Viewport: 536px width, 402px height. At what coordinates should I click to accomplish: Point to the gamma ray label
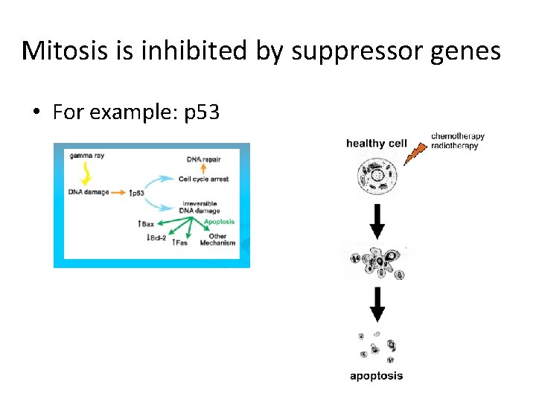click(x=87, y=156)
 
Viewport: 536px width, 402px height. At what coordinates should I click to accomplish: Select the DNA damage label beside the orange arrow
click(x=89, y=192)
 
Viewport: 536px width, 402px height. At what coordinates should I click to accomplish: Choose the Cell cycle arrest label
click(x=203, y=179)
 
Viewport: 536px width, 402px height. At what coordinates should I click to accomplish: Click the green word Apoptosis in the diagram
click(x=219, y=221)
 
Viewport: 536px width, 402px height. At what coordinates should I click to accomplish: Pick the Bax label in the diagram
click(x=146, y=223)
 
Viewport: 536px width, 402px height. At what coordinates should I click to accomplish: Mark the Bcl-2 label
click(x=156, y=237)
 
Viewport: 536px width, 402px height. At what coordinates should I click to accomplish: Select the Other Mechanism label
click(x=217, y=240)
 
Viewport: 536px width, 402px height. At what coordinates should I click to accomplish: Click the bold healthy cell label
click(x=376, y=143)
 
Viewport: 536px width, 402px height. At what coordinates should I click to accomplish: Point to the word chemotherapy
click(x=458, y=136)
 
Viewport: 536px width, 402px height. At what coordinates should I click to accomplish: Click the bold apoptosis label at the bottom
click(x=377, y=375)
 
